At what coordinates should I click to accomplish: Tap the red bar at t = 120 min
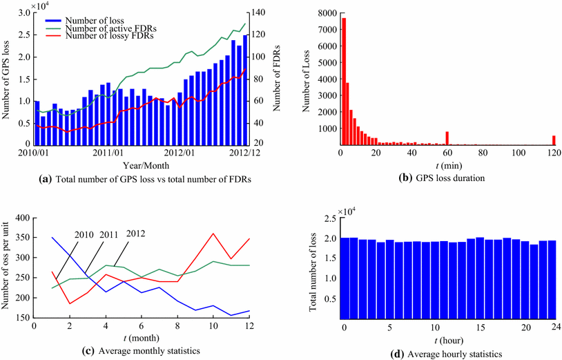tap(554, 140)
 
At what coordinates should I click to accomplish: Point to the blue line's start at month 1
tap(52, 238)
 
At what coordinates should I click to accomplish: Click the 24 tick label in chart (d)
tap(554, 328)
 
